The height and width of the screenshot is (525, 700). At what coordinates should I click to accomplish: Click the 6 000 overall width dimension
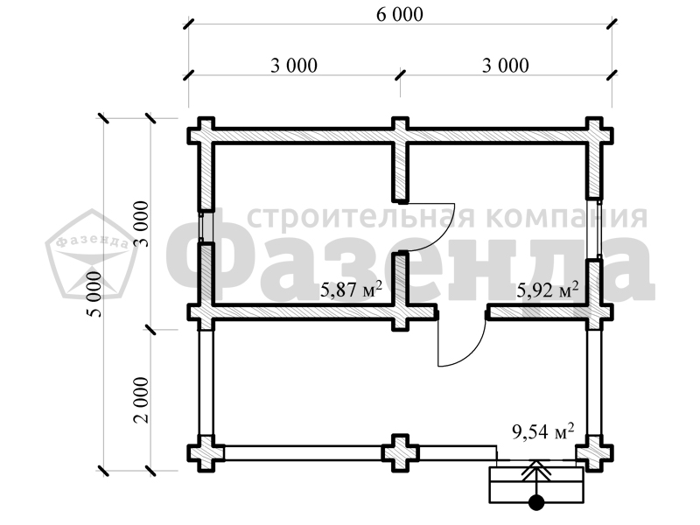(400, 15)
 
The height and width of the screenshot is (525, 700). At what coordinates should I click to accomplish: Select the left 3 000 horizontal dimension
(294, 66)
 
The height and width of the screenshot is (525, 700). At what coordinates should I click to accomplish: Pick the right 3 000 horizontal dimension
(506, 66)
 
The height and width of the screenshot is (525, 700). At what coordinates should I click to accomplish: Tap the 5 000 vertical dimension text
(95, 294)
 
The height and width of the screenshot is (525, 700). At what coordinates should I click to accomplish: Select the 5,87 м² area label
(352, 290)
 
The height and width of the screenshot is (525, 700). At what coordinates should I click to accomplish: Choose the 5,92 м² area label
(548, 290)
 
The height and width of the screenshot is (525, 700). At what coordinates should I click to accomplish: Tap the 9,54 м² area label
(542, 431)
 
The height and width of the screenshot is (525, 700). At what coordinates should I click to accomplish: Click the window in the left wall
(201, 227)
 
